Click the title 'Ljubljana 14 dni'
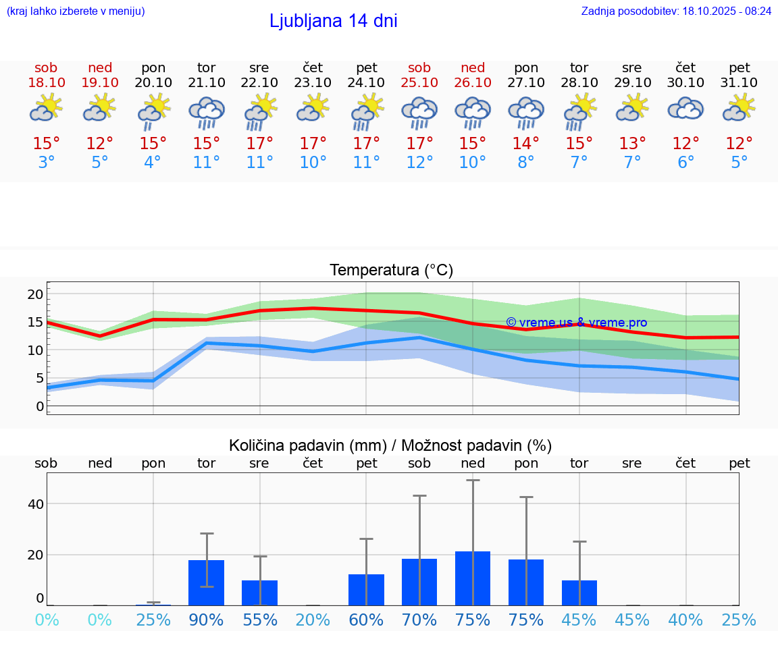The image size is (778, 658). pos(333,21)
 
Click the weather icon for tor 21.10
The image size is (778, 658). pos(206,113)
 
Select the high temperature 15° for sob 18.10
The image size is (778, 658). pos(46,144)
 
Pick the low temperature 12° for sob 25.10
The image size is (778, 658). pos(419,163)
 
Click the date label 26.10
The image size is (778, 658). pos(473,83)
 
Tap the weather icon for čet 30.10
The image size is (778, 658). pos(685,109)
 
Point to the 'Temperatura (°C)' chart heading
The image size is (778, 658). pos(391,271)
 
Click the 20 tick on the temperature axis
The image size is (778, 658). pos(35,294)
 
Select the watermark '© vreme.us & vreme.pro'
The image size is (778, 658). pos(576,323)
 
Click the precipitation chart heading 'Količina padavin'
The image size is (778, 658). pos(390,445)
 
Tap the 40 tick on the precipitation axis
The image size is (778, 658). pos(35,504)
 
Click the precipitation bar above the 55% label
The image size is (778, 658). pos(259,593)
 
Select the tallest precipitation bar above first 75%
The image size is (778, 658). pos(473,578)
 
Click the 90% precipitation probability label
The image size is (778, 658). pos(206,620)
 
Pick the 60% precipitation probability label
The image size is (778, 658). pos(366,620)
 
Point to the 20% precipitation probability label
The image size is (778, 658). pos(313,620)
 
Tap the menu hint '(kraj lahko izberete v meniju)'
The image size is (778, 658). pos(75,11)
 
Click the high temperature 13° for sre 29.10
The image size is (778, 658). pos(632,144)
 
